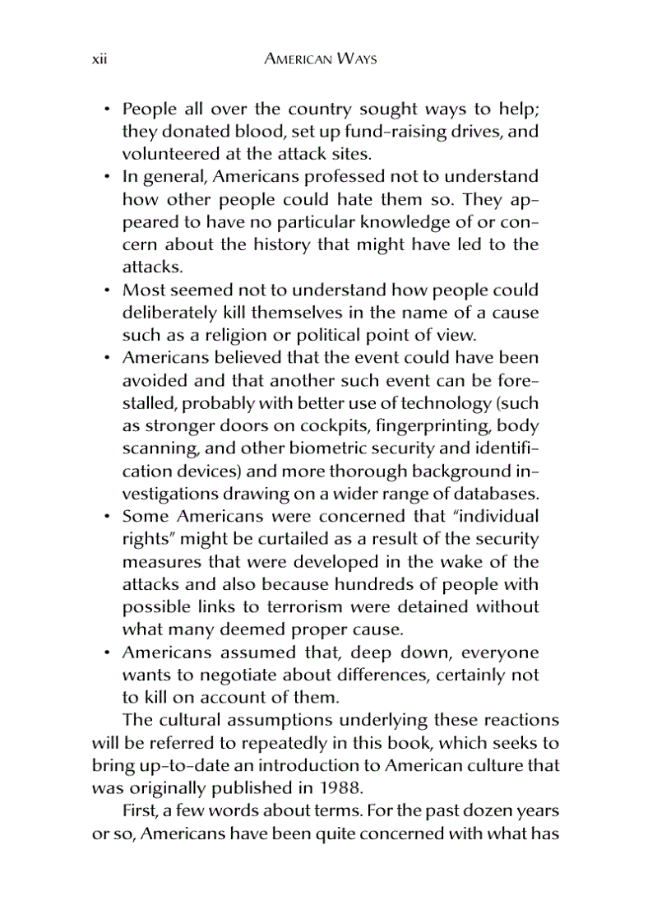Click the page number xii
point(99,60)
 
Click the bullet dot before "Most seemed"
point(107,291)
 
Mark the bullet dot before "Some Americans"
point(107,518)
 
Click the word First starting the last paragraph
point(137,810)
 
